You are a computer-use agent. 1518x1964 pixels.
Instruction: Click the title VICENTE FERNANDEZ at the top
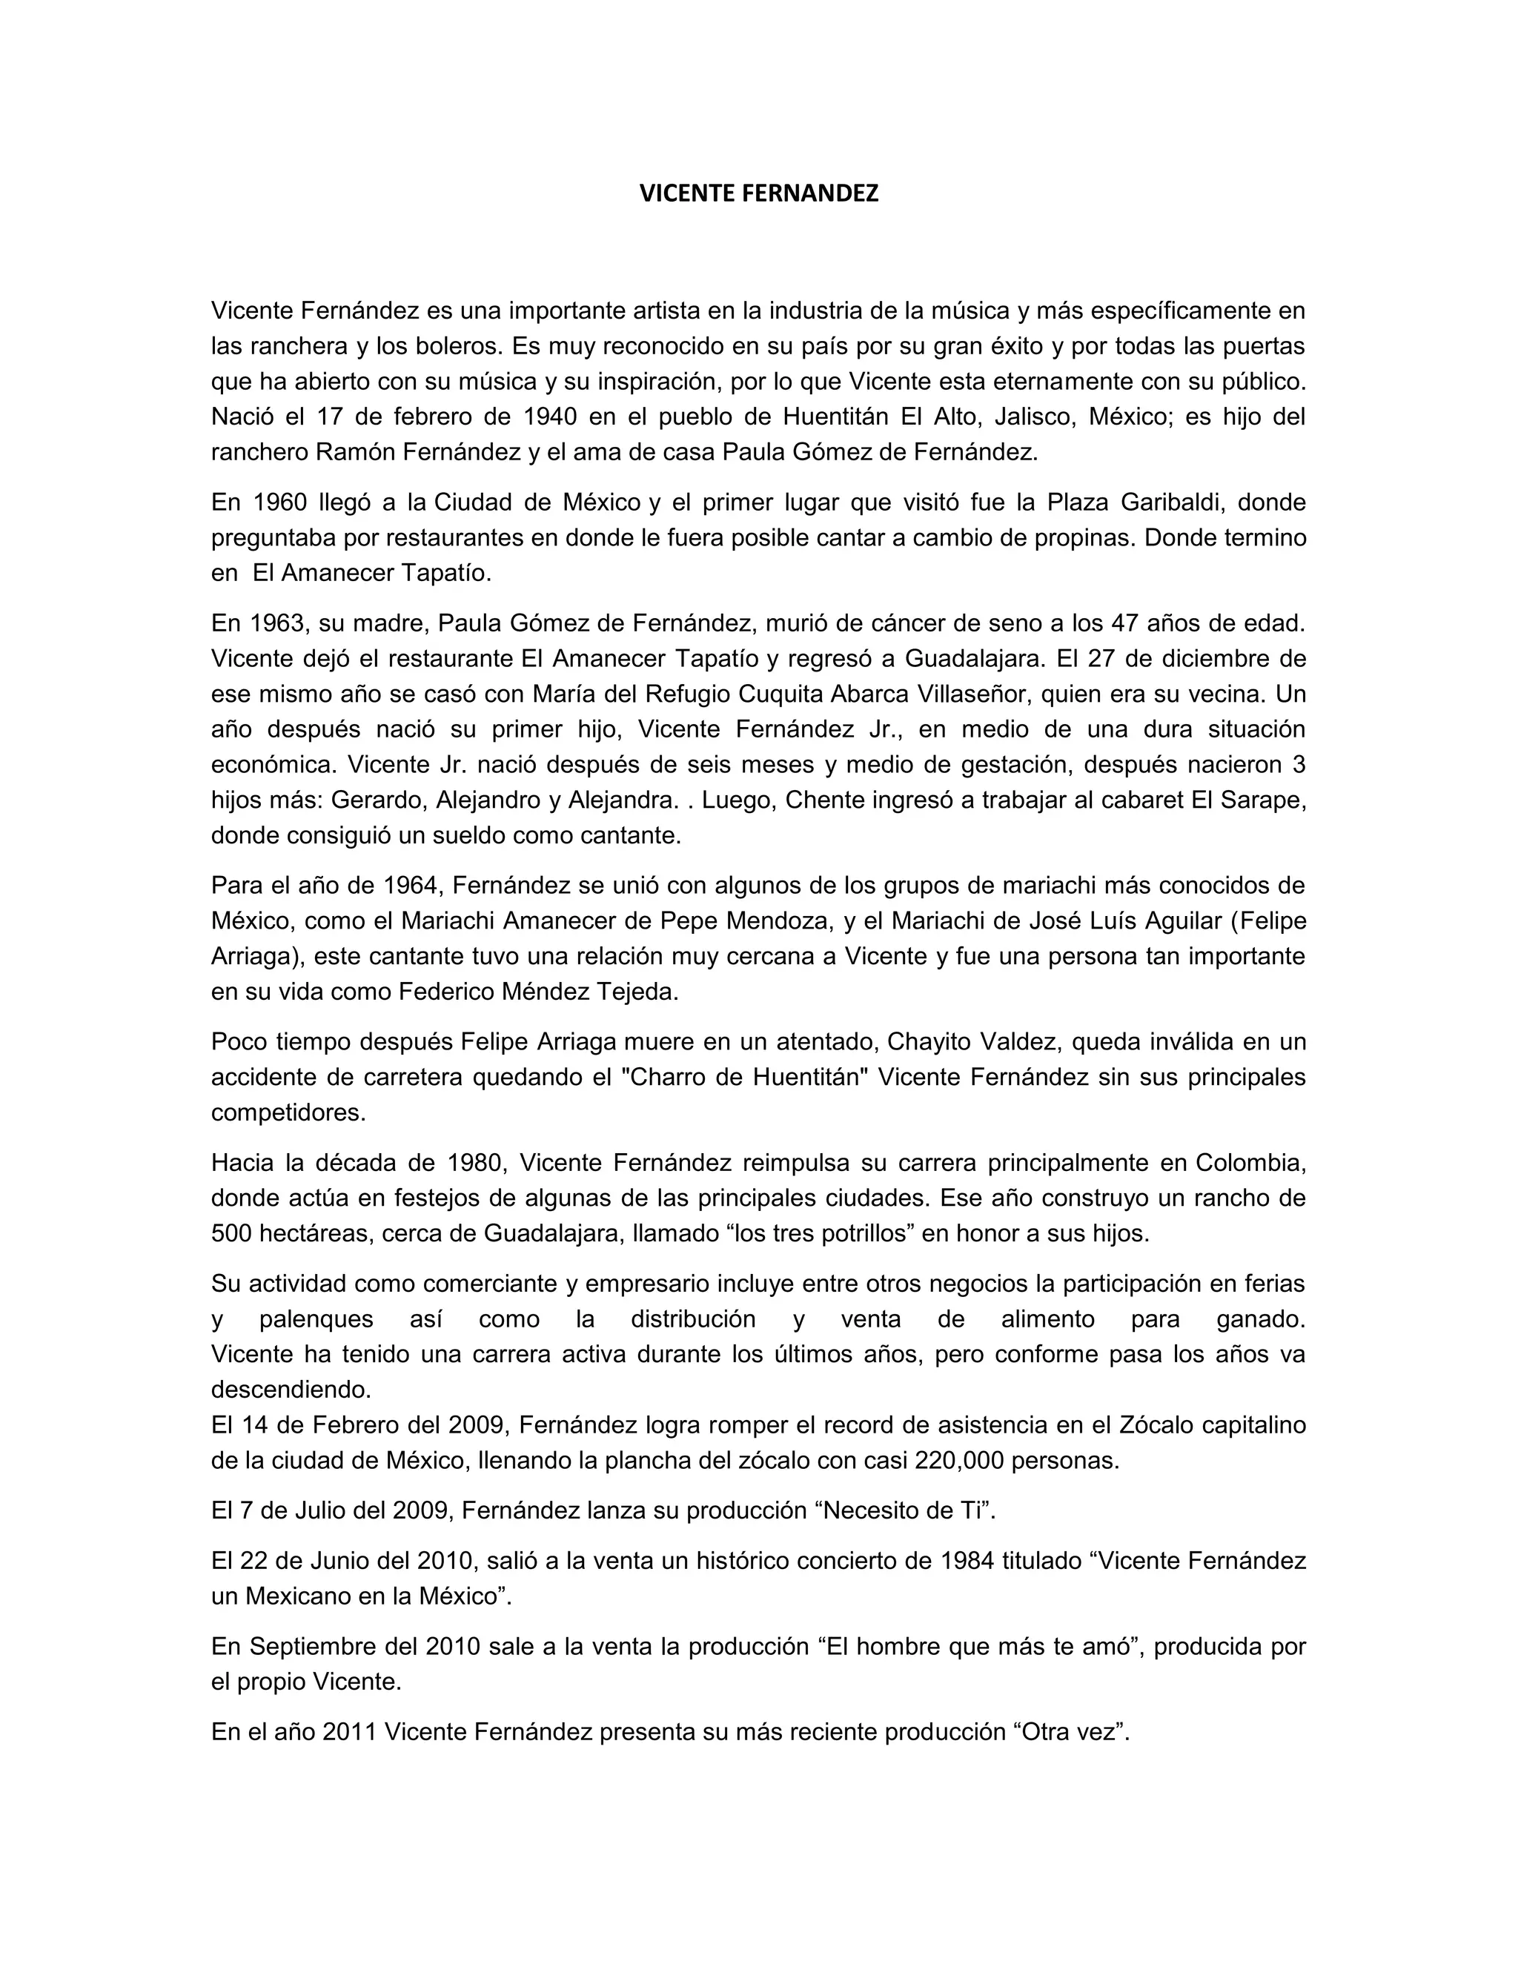758,193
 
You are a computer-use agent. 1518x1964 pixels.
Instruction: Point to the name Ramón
355,452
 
